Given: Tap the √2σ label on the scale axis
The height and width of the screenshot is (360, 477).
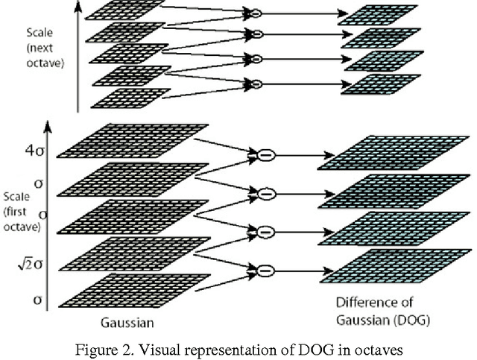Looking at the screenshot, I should click(x=34, y=264).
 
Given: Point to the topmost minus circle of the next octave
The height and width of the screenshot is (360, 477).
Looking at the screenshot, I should click(x=254, y=13).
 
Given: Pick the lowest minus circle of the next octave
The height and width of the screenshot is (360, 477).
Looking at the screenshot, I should click(x=254, y=83).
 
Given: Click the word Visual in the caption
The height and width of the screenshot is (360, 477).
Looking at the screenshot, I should click(x=183, y=350).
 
